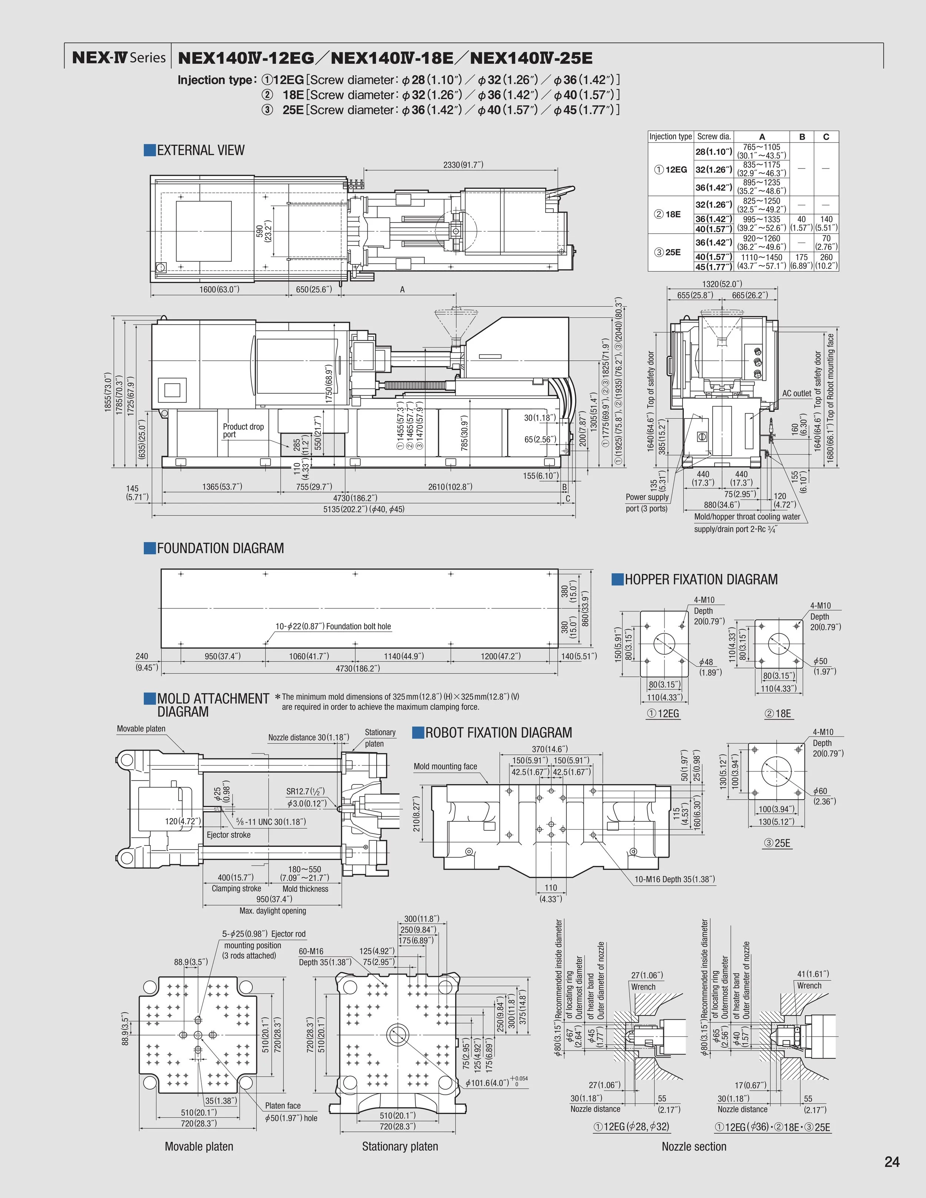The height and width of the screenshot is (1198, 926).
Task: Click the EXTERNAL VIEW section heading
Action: click(x=200, y=150)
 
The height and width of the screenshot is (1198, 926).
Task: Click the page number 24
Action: click(x=892, y=1162)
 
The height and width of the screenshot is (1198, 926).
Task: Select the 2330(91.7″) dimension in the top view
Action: click(x=463, y=164)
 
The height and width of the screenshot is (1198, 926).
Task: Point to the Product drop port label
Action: click(x=243, y=431)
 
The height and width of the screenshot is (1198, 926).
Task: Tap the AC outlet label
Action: click(x=796, y=393)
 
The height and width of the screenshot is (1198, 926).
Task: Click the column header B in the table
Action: click(x=802, y=137)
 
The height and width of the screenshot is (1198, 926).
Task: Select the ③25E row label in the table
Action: click(x=669, y=252)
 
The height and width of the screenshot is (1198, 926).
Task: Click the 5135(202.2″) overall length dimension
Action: click(x=364, y=509)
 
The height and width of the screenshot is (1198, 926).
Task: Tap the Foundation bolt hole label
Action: click(x=333, y=627)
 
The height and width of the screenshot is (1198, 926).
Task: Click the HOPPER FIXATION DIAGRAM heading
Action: click(x=700, y=580)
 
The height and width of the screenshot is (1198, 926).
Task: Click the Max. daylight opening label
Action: click(x=273, y=911)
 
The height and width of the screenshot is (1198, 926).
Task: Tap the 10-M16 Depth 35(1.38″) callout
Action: click(x=675, y=879)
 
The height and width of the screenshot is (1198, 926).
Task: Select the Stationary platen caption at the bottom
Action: click(x=400, y=1147)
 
